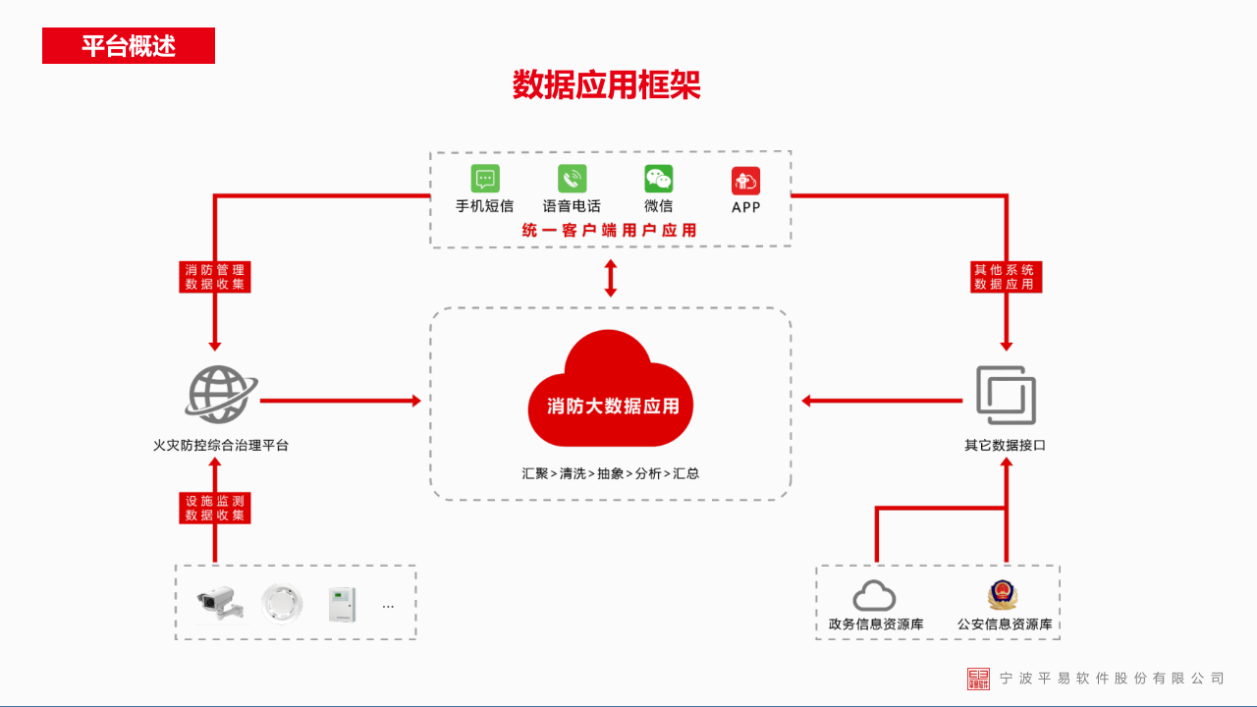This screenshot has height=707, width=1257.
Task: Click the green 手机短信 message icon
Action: point(484,179)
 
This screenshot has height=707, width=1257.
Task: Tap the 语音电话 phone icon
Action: point(572,179)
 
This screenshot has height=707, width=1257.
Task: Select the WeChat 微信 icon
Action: point(658,179)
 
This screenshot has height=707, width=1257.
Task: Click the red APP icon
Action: point(745,181)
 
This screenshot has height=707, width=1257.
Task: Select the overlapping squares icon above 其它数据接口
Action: point(1006,395)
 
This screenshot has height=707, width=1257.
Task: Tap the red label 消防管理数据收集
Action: point(215,277)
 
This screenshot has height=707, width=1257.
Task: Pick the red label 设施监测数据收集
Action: point(215,508)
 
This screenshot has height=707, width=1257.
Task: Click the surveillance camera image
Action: point(219,602)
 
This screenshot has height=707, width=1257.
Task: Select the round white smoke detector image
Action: point(282,602)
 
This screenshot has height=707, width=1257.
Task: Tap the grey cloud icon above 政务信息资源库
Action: point(874,595)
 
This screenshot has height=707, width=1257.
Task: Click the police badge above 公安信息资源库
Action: point(1004,595)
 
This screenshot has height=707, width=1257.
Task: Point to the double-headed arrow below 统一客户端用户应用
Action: point(611,278)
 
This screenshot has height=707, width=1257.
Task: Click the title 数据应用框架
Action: point(606,85)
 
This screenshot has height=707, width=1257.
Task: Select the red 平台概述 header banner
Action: point(129,46)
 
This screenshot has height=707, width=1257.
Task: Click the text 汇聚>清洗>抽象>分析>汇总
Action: point(611,473)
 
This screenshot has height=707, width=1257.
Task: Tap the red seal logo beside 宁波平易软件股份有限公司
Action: point(978,679)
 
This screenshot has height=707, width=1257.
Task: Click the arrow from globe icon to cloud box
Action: point(340,401)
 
